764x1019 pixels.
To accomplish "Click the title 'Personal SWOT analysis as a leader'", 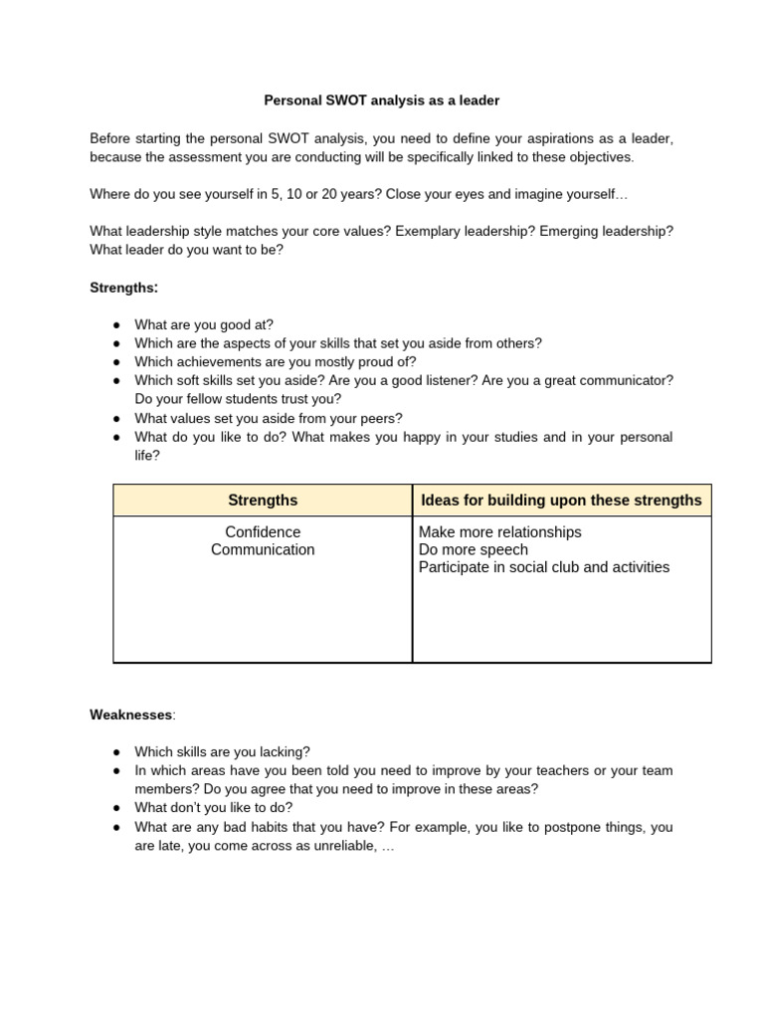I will [x=381, y=101].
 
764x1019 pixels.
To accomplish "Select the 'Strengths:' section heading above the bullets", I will [x=123, y=288].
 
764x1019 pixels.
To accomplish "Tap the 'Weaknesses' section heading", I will [x=131, y=713].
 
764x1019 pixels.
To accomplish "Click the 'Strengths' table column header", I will [x=263, y=501].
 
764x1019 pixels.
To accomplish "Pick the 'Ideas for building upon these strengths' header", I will [x=561, y=501].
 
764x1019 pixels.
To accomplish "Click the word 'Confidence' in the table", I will [x=263, y=532].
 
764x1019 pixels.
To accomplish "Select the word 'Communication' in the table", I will [x=263, y=550].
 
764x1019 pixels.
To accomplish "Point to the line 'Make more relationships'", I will [x=499, y=532].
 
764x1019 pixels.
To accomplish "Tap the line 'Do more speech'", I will [x=474, y=550].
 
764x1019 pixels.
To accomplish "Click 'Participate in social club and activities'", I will [x=544, y=567].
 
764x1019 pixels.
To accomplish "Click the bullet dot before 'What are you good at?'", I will [x=116, y=325].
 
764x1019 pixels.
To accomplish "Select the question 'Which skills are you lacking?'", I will [x=222, y=752].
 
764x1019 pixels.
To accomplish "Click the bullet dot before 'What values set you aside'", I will [x=116, y=419].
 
